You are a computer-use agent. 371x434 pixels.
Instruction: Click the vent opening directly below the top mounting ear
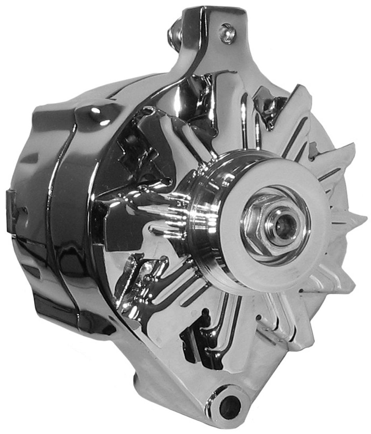(199, 95)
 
